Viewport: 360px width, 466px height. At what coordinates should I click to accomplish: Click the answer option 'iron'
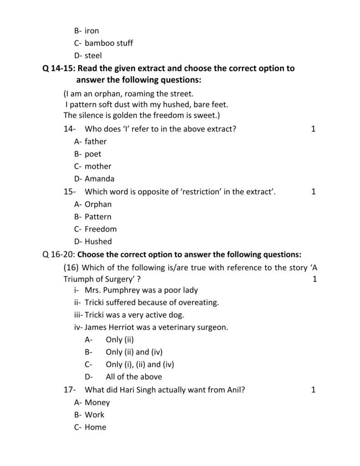(x=91, y=31)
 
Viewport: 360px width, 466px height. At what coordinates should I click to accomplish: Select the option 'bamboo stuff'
(x=109, y=43)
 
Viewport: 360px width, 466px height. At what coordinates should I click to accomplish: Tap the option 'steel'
(x=93, y=56)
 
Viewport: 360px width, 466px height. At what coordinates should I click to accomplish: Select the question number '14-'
(x=70, y=129)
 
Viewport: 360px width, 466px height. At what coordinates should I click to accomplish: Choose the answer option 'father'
(x=95, y=142)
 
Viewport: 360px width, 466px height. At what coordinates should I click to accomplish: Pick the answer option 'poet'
(x=93, y=154)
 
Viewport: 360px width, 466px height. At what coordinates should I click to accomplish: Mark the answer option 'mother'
(x=98, y=166)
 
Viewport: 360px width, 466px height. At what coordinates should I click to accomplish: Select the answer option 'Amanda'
(x=99, y=179)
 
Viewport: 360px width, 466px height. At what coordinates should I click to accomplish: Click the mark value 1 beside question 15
(x=313, y=192)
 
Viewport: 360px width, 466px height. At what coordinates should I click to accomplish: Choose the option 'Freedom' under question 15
(x=101, y=229)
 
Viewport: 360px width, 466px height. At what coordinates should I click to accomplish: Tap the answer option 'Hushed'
(x=98, y=242)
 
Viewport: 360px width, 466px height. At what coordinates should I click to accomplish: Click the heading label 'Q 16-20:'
(x=59, y=254)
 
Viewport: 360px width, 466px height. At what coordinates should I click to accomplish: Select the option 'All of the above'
(x=133, y=377)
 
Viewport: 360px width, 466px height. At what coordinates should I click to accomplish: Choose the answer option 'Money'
(x=97, y=402)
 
